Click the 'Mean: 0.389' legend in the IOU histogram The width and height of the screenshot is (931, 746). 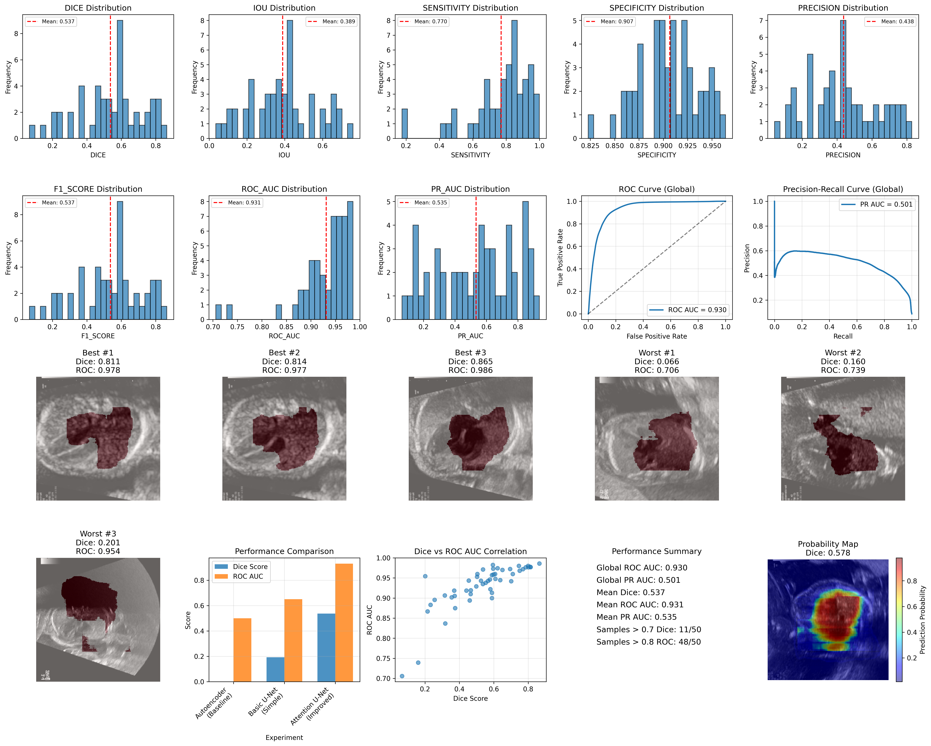(x=331, y=22)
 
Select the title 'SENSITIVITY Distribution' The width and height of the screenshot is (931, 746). (x=470, y=8)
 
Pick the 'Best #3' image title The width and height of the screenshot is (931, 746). (x=470, y=353)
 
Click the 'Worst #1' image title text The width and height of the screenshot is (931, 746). (x=656, y=353)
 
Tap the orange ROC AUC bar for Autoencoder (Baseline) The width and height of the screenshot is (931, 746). (x=242, y=650)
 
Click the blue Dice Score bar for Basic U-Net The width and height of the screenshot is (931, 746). (x=275, y=669)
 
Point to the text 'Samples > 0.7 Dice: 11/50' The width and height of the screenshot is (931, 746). (x=649, y=629)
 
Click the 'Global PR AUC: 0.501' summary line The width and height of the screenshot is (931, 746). (x=638, y=580)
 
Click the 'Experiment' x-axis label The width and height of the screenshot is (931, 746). (x=284, y=737)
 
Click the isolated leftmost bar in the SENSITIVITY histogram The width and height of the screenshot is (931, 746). (x=405, y=123)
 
